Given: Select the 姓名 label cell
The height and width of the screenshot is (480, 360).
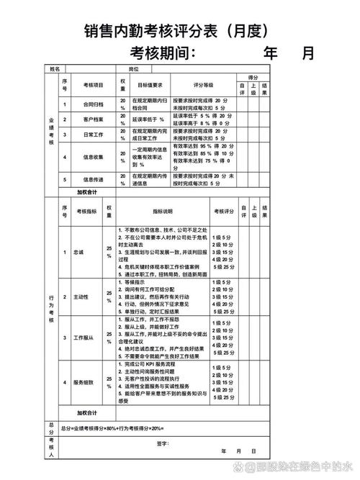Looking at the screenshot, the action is pyautogui.click(x=55, y=69).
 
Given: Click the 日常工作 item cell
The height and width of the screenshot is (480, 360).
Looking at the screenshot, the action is pyautogui.click(x=94, y=135).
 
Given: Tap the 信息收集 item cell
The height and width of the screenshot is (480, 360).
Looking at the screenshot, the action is pyautogui.click(x=94, y=155).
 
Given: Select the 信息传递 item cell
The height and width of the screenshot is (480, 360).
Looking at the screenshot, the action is pyautogui.click(x=94, y=180).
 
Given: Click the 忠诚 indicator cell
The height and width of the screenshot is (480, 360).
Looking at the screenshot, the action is pyautogui.click(x=78, y=253).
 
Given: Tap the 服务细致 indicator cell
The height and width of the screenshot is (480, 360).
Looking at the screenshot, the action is pyautogui.click(x=84, y=382).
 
